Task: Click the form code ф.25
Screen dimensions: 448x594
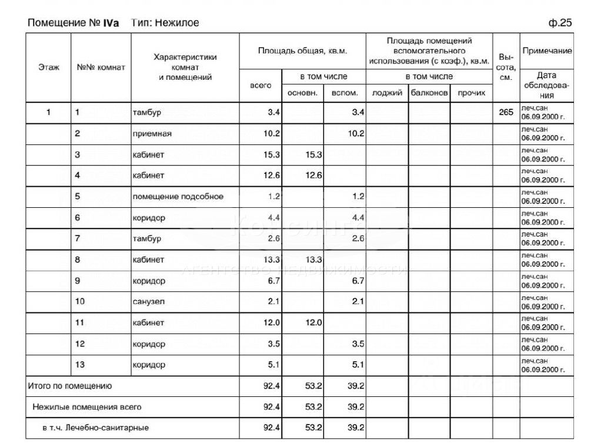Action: click(x=559, y=23)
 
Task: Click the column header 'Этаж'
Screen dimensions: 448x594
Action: click(x=49, y=67)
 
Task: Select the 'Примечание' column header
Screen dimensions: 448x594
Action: click(x=546, y=51)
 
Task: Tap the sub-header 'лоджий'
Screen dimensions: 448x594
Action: click(x=387, y=93)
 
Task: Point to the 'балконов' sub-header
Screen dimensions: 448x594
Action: click(x=429, y=93)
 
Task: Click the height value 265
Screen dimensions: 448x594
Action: click(x=506, y=112)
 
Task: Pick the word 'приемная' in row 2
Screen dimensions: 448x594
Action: click(x=152, y=134)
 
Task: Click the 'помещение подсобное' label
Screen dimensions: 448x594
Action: click(x=178, y=197)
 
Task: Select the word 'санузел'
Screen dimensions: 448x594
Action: click(x=149, y=302)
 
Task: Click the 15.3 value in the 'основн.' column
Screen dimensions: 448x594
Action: click(x=313, y=154)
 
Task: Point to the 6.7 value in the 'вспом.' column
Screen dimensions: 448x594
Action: click(x=356, y=281)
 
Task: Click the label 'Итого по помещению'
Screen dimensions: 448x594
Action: click(x=70, y=386)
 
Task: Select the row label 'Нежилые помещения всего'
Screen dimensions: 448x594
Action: click(x=87, y=406)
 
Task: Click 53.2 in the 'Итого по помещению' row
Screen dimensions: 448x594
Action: click(x=313, y=386)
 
